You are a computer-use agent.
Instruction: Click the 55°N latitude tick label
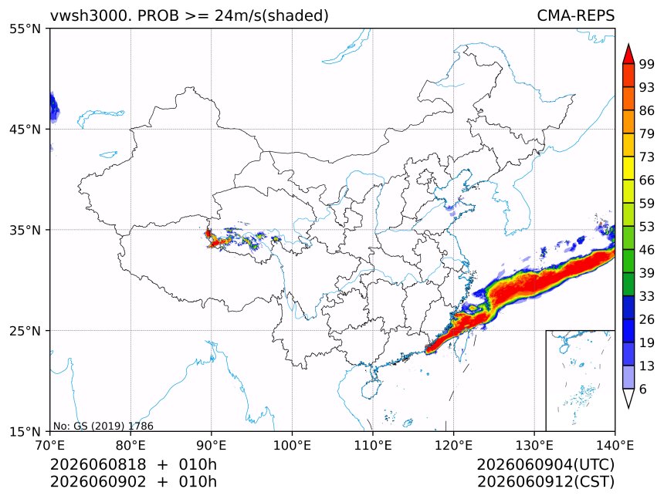25,29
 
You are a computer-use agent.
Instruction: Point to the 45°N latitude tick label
25,130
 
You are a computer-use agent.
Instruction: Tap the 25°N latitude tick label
25,331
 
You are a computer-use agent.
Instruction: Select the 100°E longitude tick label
292,445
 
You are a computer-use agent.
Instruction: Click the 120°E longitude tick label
453,445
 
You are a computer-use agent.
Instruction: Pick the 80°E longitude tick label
130,445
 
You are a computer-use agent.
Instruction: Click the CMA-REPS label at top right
575,15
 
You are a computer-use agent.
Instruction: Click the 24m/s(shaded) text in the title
272,16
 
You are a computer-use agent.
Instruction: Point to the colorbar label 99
647,64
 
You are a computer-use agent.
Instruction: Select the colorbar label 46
647,250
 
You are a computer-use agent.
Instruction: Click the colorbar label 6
643,389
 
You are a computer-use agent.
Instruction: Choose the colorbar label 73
647,157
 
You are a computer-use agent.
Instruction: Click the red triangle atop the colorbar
628,55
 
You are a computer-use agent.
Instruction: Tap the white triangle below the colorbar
628,396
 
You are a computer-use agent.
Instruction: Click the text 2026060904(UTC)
545,464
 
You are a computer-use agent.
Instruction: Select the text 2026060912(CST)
545,482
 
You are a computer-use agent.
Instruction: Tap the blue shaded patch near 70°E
54,107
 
